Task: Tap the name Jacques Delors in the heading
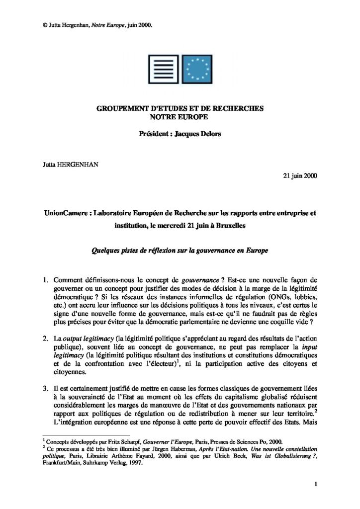pos(199,134)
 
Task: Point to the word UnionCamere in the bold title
pos(66,212)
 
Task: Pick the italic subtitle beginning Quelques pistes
pos(180,251)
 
